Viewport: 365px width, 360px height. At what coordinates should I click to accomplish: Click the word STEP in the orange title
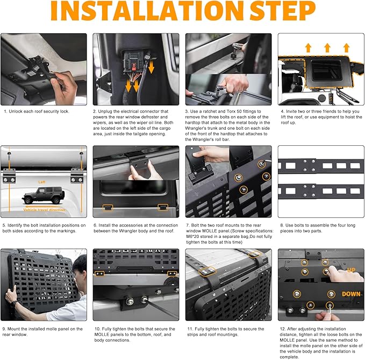coord(282,11)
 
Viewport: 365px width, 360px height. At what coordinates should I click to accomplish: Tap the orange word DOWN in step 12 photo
coord(351,294)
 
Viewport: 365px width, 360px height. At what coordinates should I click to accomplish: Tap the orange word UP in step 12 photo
coord(351,270)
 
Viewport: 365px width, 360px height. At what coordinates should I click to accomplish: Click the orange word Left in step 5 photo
coord(42,182)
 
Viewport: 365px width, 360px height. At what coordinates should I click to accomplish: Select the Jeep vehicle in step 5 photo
coord(44,195)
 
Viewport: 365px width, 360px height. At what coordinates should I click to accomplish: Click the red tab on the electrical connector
coord(134,68)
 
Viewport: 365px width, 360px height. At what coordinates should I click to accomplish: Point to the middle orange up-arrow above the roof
coord(327,47)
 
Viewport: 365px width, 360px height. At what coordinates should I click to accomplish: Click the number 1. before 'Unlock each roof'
coord(5,111)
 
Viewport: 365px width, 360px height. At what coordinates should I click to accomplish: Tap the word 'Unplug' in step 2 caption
coord(104,111)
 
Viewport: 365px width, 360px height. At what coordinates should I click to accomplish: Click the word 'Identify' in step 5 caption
coord(15,225)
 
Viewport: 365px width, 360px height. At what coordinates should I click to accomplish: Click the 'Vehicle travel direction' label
coord(44,210)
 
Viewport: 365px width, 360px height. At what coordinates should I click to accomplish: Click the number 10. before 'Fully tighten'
coord(97,329)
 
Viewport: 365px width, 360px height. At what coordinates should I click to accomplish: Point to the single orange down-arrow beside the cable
coord(151,67)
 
